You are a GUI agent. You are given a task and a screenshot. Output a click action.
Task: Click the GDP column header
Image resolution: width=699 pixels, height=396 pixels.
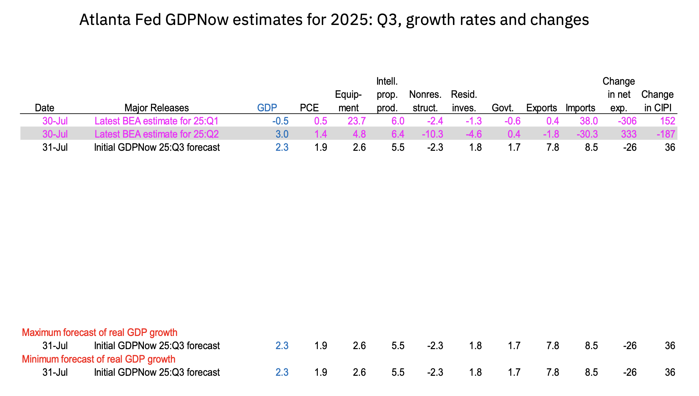pyautogui.click(x=267, y=108)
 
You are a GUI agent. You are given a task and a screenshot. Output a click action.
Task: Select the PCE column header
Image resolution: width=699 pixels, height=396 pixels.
pyautogui.click(x=309, y=108)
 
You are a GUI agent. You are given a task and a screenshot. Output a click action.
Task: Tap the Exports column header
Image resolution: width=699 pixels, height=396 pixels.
pyautogui.click(x=541, y=108)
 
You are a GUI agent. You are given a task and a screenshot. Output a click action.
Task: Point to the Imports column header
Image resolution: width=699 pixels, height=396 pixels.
pyautogui.click(x=580, y=108)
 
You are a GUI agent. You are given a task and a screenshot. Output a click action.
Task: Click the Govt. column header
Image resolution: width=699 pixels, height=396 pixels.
pyautogui.click(x=503, y=108)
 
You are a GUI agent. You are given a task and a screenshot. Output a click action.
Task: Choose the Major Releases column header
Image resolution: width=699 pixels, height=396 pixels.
pyautogui.click(x=156, y=108)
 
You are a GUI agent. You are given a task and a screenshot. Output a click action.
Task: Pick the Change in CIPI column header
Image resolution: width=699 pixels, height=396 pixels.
pyautogui.click(x=657, y=101)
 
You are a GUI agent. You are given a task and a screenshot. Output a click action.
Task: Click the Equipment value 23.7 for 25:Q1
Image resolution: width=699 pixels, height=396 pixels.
pyautogui.click(x=357, y=121)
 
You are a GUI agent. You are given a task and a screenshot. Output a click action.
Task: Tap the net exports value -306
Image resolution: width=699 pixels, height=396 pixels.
pyautogui.click(x=627, y=121)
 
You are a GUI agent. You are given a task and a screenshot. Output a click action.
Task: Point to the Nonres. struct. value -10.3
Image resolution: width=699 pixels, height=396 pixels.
pyautogui.click(x=432, y=134)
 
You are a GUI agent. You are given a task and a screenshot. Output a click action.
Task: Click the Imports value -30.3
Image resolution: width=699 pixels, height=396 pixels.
pyautogui.click(x=587, y=134)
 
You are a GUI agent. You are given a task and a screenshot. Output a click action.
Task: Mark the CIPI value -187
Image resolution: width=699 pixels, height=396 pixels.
pyautogui.click(x=666, y=134)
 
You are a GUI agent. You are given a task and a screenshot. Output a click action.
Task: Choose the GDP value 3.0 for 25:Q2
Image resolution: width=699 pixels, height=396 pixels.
pyautogui.click(x=282, y=134)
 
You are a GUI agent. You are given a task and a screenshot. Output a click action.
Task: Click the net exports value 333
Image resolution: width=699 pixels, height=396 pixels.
pyautogui.click(x=629, y=134)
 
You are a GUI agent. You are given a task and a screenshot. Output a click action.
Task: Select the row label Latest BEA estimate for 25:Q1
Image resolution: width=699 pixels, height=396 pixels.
pyautogui.click(x=156, y=121)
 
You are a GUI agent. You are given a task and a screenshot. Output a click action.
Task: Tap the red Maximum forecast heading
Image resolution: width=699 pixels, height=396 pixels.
pyautogui.click(x=99, y=333)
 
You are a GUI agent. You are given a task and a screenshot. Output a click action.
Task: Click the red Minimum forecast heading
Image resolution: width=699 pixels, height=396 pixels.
pyautogui.click(x=98, y=359)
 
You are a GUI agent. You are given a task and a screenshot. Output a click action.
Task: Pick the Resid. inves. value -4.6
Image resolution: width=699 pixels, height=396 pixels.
pyautogui.click(x=474, y=134)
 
